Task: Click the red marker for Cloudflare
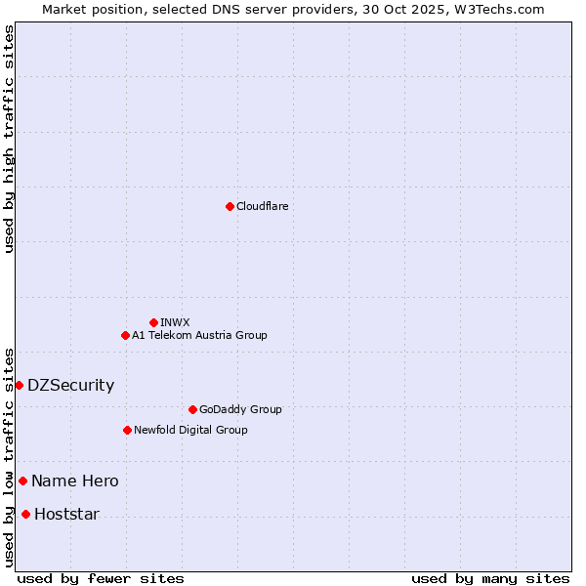click(x=230, y=206)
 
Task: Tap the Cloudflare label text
click(x=262, y=206)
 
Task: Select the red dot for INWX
click(x=153, y=322)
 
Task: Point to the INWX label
click(x=175, y=322)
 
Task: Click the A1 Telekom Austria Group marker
click(x=125, y=335)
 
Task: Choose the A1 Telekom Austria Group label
click(x=199, y=335)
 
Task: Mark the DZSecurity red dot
click(x=19, y=385)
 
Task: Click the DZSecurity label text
click(x=70, y=385)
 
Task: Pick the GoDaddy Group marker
click(x=192, y=409)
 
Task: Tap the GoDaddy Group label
click(x=239, y=409)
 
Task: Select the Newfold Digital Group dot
click(x=127, y=430)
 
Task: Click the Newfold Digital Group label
click(x=190, y=430)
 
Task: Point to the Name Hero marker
click(x=22, y=481)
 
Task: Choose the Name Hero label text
click(x=74, y=481)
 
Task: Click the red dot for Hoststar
click(x=25, y=514)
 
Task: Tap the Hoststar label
click(x=66, y=514)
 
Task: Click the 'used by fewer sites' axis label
click(x=101, y=578)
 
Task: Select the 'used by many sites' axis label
click(x=490, y=578)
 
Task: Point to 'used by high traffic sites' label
click(x=9, y=139)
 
